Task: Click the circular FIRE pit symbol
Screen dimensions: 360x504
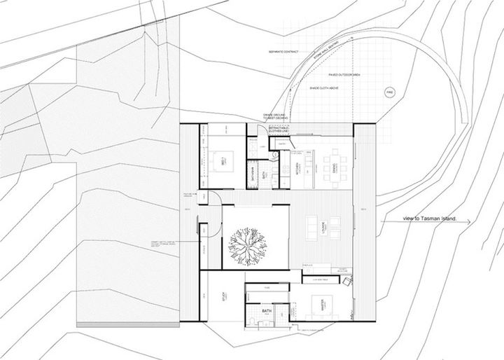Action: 390,92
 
